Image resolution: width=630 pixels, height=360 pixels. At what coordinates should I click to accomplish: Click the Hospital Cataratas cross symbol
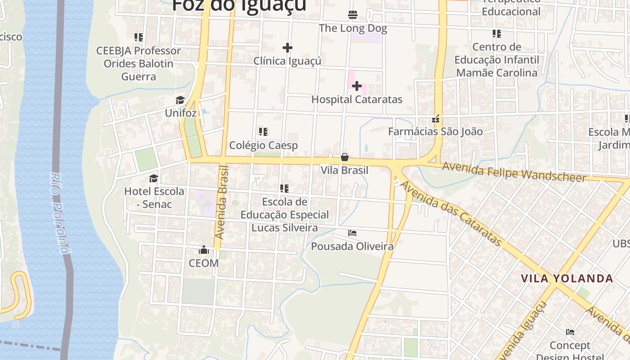pyautogui.click(x=357, y=85)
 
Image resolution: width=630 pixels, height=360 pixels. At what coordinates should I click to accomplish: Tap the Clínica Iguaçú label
pyautogui.click(x=287, y=61)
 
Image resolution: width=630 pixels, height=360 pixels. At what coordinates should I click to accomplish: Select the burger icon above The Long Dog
pyautogui.click(x=353, y=15)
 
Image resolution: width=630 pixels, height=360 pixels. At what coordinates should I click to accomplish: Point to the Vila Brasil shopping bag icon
pyautogui.click(x=345, y=157)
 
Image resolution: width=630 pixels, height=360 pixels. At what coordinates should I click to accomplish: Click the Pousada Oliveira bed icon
pyautogui.click(x=352, y=233)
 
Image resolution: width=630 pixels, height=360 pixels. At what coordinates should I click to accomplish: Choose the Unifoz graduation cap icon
pyautogui.click(x=180, y=100)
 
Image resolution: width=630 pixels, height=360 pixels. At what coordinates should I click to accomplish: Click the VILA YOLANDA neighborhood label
pyautogui.click(x=567, y=278)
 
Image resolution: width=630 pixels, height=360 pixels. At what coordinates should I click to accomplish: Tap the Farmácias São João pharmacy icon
pyautogui.click(x=436, y=119)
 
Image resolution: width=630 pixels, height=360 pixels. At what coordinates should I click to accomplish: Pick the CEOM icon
pyautogui.click(x=204, y=250)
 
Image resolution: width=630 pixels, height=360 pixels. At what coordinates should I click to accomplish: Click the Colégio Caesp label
pyautogui.click(x=264, y=145)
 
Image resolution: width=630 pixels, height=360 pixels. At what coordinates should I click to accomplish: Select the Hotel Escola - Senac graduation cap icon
pyautogui.click(x=154, y=178)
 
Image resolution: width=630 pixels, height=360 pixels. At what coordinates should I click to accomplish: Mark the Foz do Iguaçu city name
pyautogui.click(x=239, y=5)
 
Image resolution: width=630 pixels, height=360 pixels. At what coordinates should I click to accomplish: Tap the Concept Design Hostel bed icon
pyautogui.click(x=570, y=333)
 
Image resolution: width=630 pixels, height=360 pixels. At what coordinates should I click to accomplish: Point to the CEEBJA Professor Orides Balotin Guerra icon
pyautogui.click(x=139, y=37)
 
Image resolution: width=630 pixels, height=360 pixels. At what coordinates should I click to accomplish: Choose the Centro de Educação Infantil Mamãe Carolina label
pyautogui.click(x=497, y=60)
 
